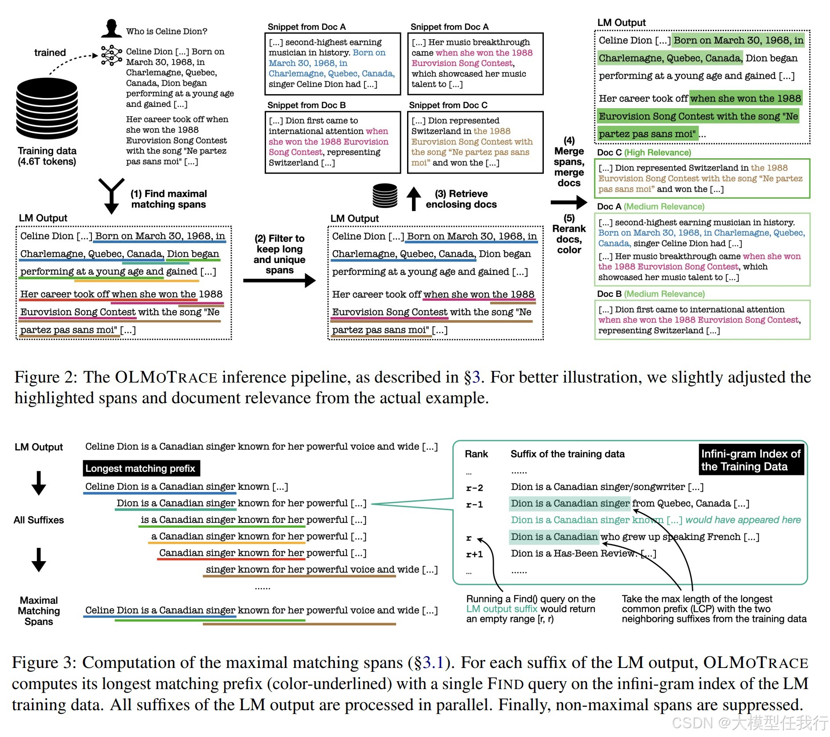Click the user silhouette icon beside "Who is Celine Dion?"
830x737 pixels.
click(111, 29)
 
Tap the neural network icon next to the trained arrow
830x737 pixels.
click(111, 55)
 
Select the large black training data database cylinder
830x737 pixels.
click(47, 108)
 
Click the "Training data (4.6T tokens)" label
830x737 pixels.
click(47, 156)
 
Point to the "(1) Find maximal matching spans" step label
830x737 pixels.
click(168, 199)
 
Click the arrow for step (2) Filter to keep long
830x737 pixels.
click(280, 280)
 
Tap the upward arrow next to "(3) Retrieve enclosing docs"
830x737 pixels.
click(413, 199)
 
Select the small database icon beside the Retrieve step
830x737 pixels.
click(385, 196)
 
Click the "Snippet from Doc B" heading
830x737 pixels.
click(306, 105)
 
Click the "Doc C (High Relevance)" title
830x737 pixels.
click(644, 153)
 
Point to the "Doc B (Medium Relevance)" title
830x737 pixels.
click(651, 294)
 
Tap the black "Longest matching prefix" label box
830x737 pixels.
click(141, 468)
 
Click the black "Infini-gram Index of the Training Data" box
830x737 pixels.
click(751, 460)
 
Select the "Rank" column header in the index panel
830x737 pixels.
click(476, 454)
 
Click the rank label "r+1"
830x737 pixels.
click(474, 555)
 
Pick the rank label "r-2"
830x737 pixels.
click(474, 488)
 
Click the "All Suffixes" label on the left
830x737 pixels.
click(39, 520)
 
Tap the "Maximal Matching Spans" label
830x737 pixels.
click(39, 611)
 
